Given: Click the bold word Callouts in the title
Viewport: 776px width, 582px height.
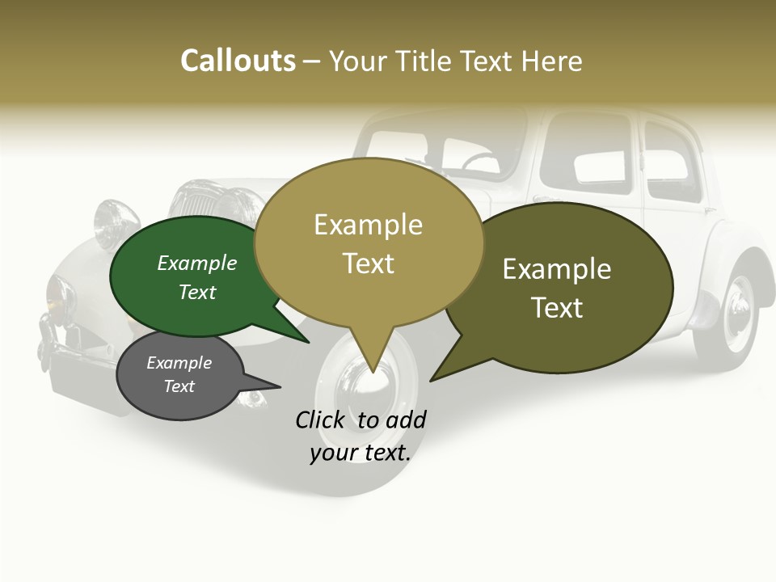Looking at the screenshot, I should [x=238, y=61].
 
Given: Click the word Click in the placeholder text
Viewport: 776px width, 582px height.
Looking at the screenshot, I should [x=319, y=420].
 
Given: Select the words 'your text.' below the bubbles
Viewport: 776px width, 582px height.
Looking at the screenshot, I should [x=361, y=453].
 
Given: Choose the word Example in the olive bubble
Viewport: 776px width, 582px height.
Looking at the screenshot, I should [x=557, y=269].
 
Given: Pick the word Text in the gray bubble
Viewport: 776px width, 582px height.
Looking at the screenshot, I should [x=179, y=386].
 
